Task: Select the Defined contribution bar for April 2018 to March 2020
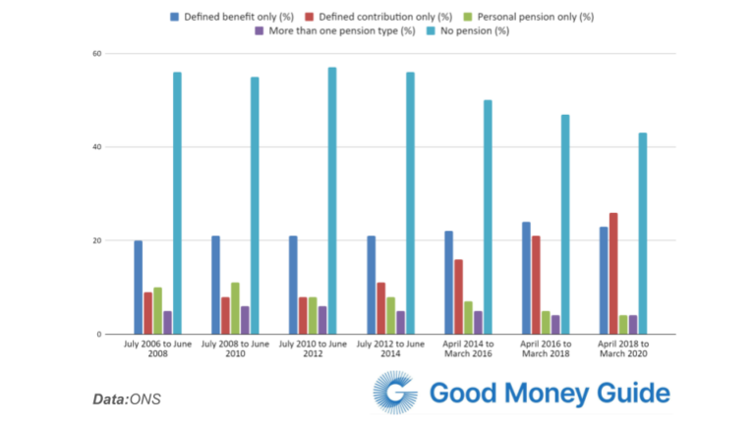[x=613, y=274]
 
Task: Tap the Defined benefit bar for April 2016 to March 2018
[x=526, y=278]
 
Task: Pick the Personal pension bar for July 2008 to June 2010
[x=235, y=308]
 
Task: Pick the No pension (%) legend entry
[x=469, y=31]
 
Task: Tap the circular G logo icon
[x=395, y=396]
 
